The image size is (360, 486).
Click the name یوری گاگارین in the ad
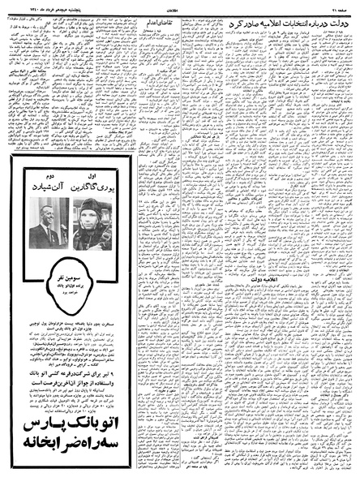96,188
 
